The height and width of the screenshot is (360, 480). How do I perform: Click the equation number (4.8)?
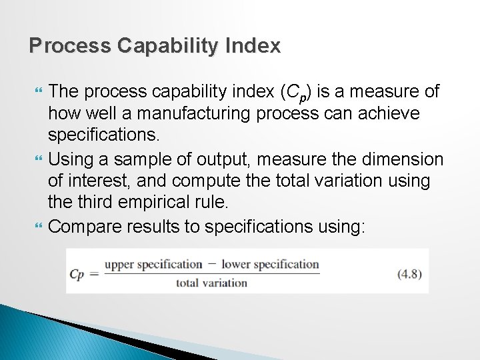(x=409, y=273)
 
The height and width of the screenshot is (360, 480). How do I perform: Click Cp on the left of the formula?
(x=77, y=274)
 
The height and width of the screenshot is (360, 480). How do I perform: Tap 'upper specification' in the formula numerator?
(x=153, y=265)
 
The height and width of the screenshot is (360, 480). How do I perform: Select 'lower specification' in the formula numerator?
(x=270, y=265)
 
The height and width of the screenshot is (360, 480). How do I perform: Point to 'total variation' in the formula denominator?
(x=211, y=283)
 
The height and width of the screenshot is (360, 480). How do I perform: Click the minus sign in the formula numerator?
(x=212, y=264)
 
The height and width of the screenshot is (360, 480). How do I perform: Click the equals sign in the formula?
(x=94, y=274)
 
